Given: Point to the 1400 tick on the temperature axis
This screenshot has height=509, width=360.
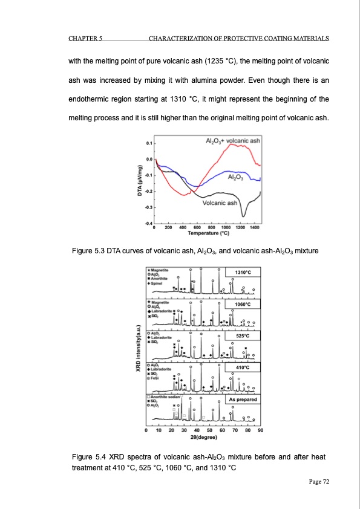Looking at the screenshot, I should pyautogui.click(x=255, y=227).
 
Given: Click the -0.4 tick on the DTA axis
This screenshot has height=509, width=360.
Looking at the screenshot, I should pyautogui.click(x=149, y=224).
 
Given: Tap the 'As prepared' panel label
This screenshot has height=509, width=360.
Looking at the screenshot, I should pyautogui.click(x=244, y=400).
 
